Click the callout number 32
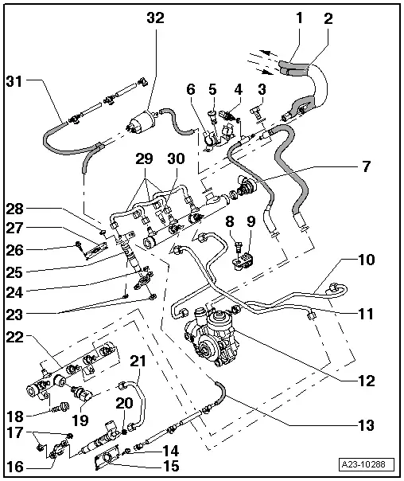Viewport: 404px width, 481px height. click(156, 18)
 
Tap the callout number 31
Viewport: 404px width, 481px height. click(14, 82)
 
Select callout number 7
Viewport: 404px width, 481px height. click(367, 166)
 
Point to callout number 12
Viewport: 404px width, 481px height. click(367, 381)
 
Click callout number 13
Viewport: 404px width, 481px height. click(367, 425)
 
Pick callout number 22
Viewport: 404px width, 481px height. click(14, 338)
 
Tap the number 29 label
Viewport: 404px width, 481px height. click(144, 159)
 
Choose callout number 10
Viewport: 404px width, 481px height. click(367, 260)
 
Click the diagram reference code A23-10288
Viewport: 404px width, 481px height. click(367, 464)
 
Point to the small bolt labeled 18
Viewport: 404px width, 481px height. click(60, 408)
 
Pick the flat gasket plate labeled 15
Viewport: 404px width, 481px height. click(107, 457)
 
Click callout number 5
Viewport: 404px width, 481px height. click(212, 89)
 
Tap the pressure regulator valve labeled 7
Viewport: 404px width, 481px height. click(247, 186)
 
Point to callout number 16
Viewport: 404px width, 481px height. click(14, 467)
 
